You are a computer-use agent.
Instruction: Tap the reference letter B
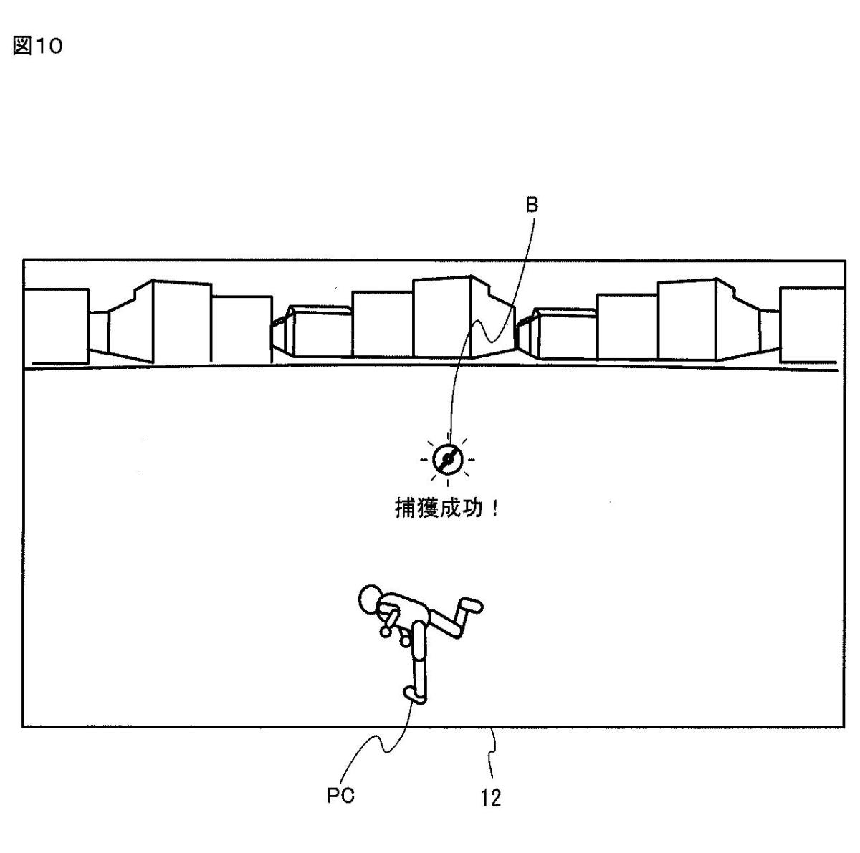pyautogui.click(x=532, y=206)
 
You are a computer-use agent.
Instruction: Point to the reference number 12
pyautogui.click(x=491, y=797)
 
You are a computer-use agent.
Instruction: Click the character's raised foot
pyautogui.click(x=472, y=605)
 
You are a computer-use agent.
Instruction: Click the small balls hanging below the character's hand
pyautogui.click(x=387, y=632)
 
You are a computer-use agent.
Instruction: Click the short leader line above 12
pyautogui.click(x=492, y=752)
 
